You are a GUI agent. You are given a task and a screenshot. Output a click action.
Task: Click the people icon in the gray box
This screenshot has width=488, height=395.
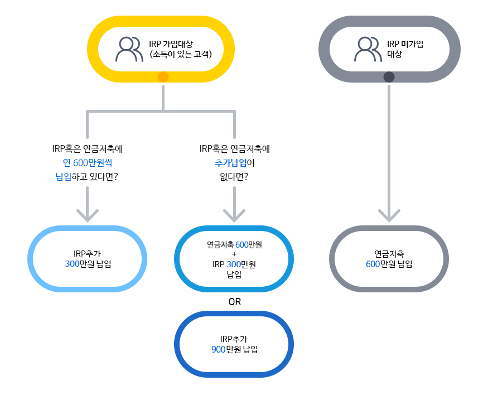pos(369,49)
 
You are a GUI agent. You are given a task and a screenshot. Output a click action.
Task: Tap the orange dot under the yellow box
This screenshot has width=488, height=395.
pos(163,77)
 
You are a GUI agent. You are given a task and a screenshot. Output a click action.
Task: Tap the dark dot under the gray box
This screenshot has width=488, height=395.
pos(389,77)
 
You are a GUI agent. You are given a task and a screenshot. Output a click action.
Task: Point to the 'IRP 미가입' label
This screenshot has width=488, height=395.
pos(405,44)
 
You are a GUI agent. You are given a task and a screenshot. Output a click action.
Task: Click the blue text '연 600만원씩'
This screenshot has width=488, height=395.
pos(88,163)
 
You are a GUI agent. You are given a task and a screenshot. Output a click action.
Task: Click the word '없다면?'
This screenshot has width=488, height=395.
pos(234,177)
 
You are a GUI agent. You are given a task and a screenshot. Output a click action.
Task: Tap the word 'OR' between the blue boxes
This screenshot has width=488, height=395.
pos(234,302)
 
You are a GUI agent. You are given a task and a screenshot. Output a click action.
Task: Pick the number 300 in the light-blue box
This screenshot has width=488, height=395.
pos(73,264)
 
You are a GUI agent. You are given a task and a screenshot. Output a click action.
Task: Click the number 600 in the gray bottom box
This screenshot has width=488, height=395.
pos(373,264)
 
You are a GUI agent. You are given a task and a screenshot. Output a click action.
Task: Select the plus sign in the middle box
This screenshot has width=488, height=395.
pos(234,254)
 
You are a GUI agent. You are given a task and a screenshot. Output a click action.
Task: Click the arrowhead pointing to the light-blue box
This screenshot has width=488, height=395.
pos(88,215)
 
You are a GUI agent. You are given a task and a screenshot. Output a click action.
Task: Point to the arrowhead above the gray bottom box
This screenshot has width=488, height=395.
pos(389,215)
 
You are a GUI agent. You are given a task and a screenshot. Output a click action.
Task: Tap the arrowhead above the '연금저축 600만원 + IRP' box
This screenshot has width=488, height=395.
pos(234,215)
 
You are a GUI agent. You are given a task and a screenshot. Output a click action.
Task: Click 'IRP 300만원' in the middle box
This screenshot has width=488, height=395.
pos(234,264)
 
